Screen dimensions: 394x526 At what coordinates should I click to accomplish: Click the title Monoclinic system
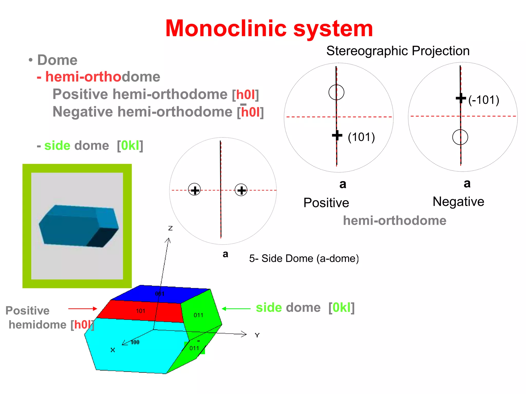tap(269, 29)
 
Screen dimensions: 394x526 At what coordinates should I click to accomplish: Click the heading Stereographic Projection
tap(398, 51)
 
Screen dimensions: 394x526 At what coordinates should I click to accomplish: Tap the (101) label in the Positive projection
tap(361, 137)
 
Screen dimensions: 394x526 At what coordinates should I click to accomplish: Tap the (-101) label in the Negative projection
tap(484, 100)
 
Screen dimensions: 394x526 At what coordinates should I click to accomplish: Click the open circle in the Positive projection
tap(336, 92)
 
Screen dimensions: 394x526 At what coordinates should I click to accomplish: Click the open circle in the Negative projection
tap(460, 137)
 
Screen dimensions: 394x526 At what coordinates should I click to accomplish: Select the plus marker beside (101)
tap(337, 135)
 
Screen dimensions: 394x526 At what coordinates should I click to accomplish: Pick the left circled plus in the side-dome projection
tap(194, 190)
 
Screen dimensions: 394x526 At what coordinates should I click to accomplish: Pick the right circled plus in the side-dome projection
tap(241, 190)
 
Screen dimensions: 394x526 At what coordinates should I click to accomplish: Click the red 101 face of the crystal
tap(141, 311)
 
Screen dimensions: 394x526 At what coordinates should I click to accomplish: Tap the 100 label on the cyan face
tap(135, 342)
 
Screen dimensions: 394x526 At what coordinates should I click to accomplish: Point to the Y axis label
tap(257, 335)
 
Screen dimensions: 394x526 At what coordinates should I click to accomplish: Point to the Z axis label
tap(170, 228)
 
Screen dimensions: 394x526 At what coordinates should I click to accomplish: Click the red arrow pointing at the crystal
tap(82, 309)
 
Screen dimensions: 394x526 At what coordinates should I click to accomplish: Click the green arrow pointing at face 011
tap(236, 309)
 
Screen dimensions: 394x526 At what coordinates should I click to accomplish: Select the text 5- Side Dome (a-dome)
tap(304, 259)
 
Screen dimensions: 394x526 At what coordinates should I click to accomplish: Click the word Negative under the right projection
tap(458, 202)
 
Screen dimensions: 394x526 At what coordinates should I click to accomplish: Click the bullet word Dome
tap(57, 60)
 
